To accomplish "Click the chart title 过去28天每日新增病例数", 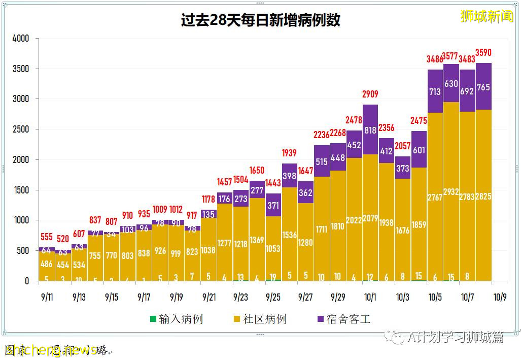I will tap(260, 20).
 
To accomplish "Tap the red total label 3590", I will tap(483, 52).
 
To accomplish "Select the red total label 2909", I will tap(370, 94).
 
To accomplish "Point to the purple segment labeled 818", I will tap(370, 130).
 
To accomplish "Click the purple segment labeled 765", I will tap(483, 87).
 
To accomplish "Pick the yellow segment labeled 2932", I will tap(451, 191).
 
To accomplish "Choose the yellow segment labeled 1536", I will tap(289, 221).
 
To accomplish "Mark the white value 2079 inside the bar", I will tap(370, 219).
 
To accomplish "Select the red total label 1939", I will tap(289, 153).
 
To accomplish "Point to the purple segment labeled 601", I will tap(419, 150).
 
